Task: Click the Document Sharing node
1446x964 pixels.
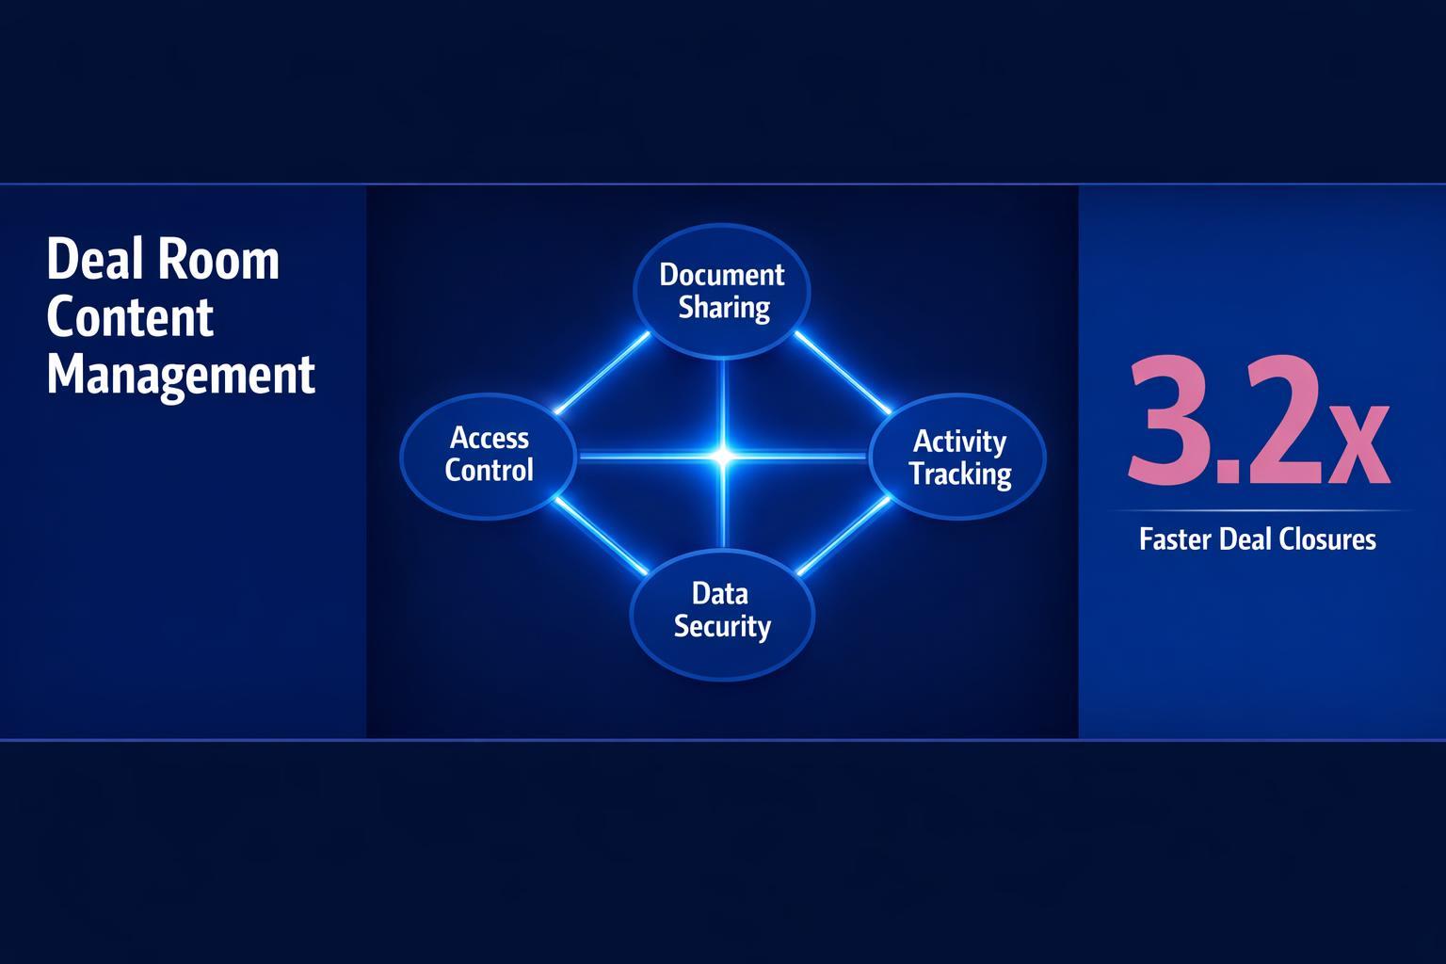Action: (x=722, y=291)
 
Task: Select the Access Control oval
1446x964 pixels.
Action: (x=488, y=455)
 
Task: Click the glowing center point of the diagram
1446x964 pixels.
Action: (x=723, y=457)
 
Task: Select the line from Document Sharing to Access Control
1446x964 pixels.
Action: (x=602, y=372)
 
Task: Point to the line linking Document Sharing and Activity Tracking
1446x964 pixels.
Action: (x=843, y=372)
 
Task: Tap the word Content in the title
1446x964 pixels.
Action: (x=130, y=317)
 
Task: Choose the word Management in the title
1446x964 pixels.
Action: (x=181, y=375)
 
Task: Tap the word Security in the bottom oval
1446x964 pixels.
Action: (x=722, y=627)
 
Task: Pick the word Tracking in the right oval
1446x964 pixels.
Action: (x=960, y=474)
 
